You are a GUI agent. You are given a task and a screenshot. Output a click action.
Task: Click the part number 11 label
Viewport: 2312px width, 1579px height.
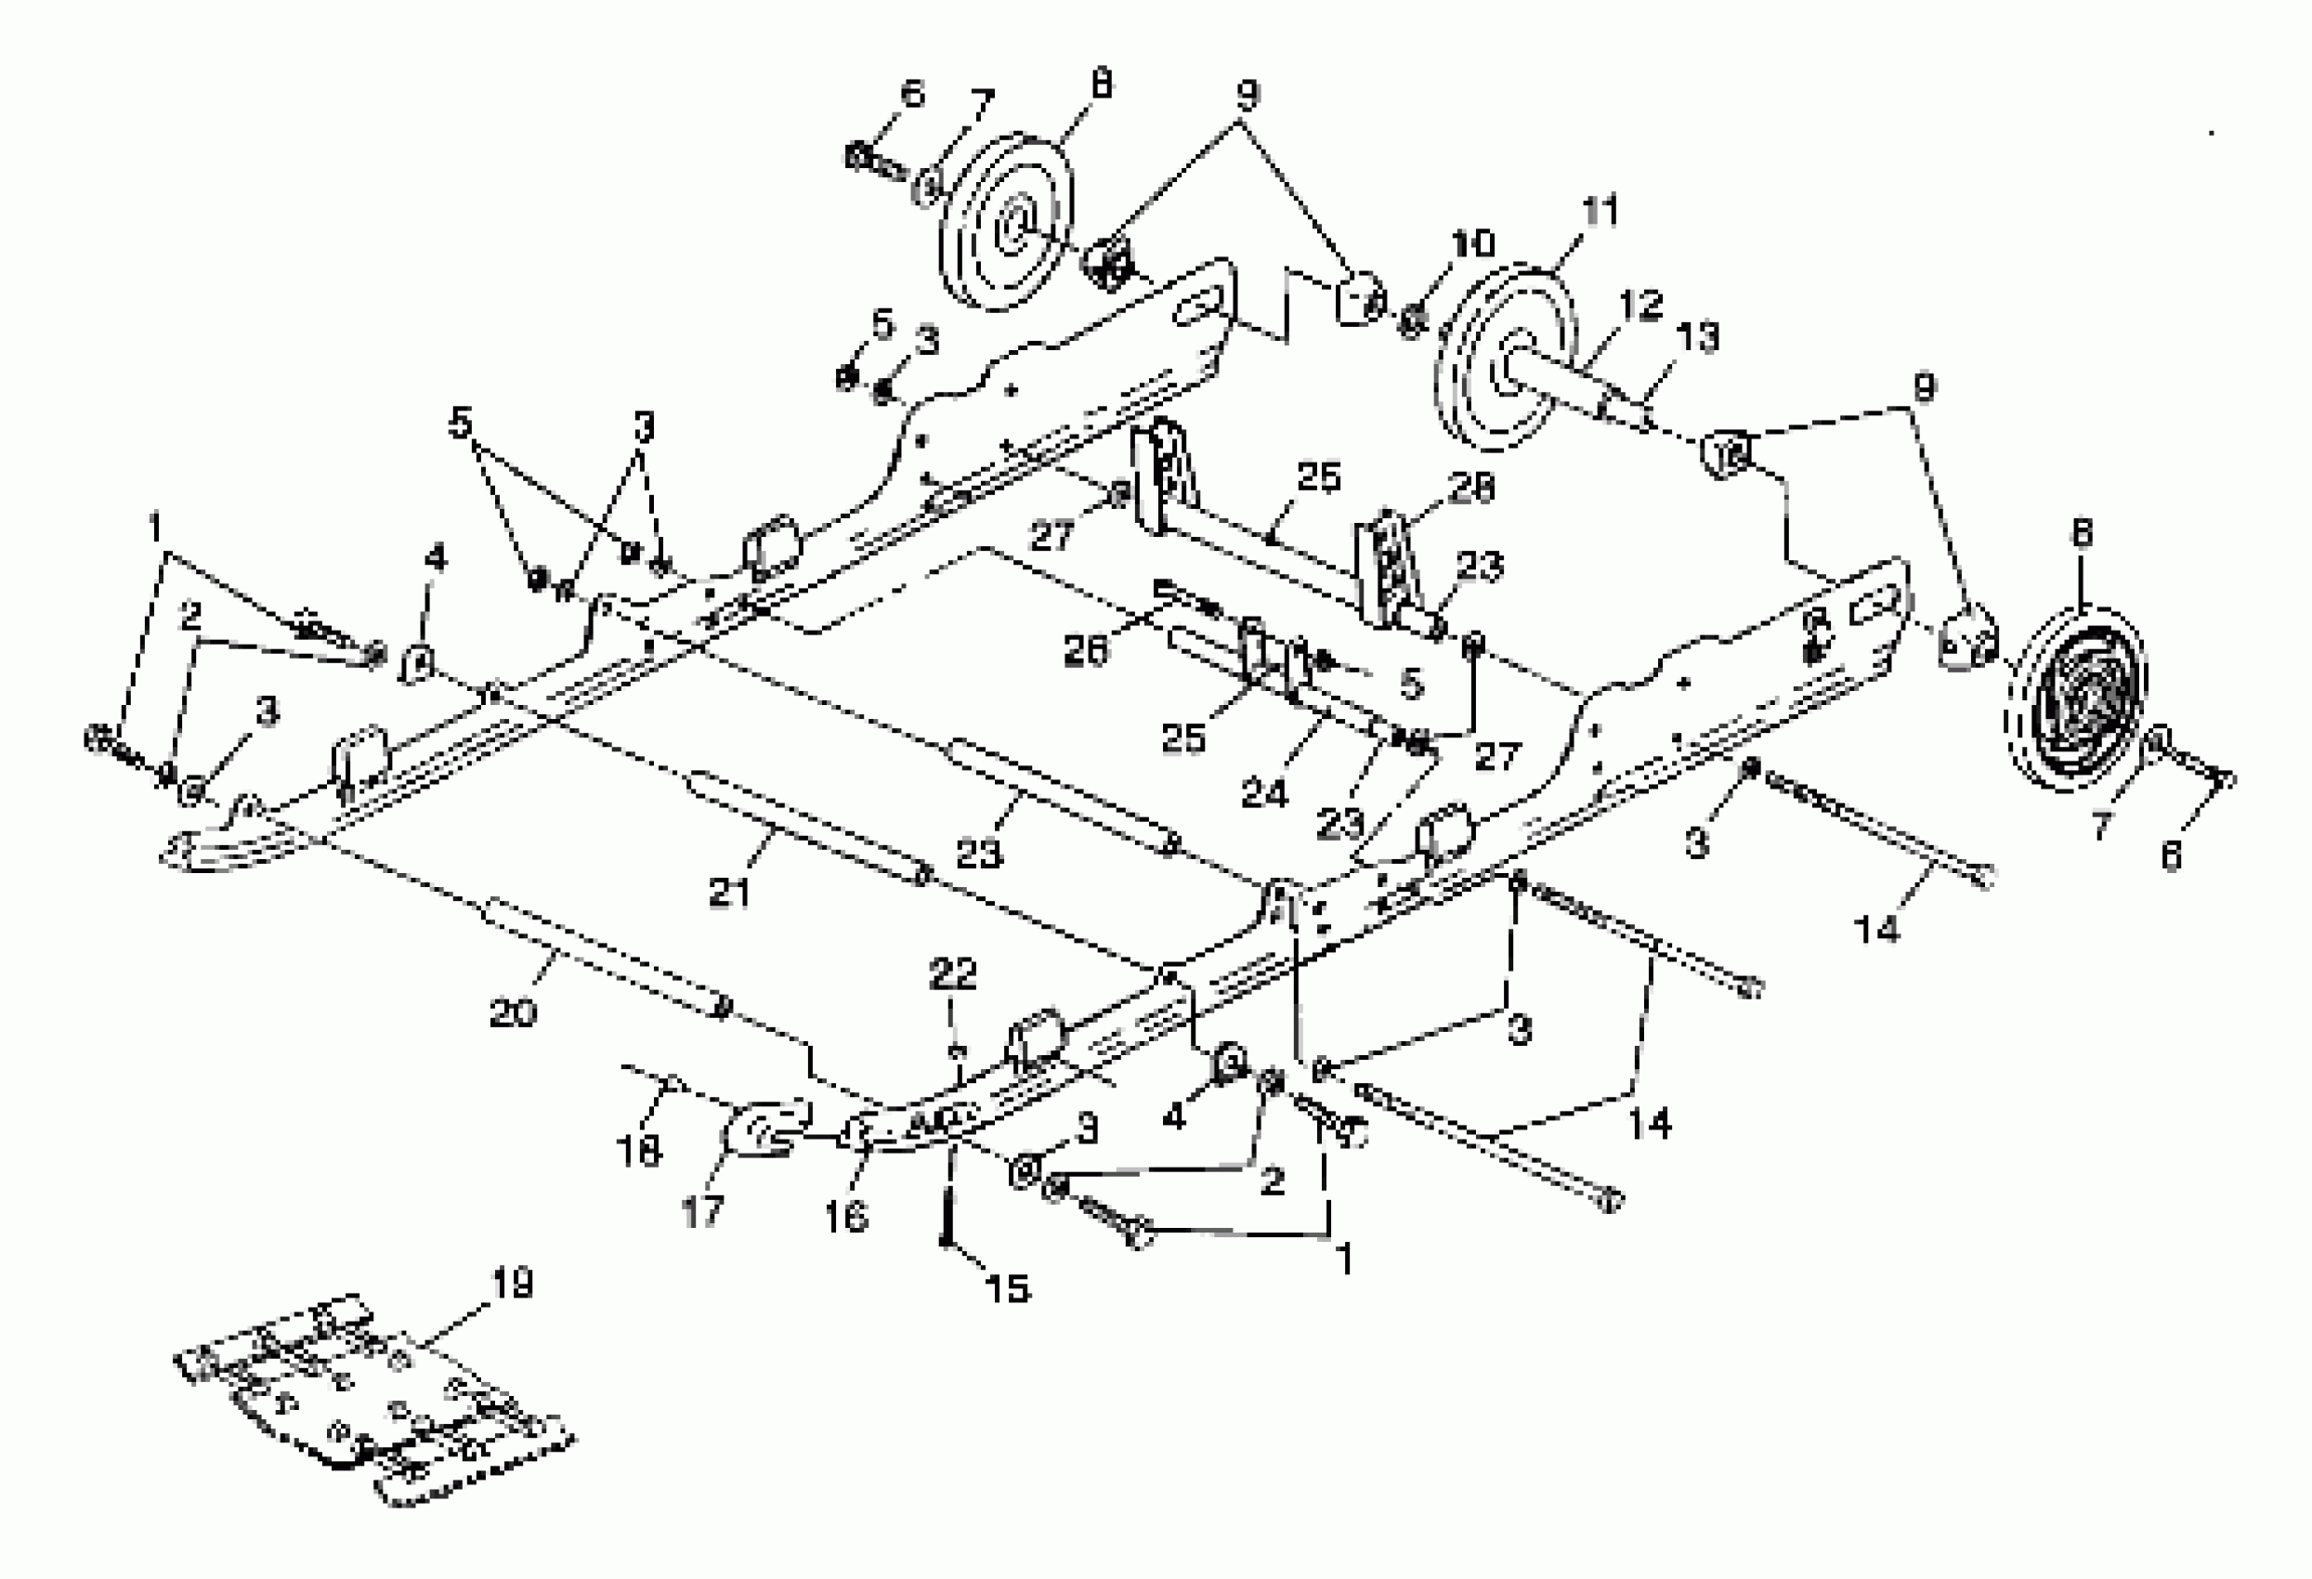click(1599, 212)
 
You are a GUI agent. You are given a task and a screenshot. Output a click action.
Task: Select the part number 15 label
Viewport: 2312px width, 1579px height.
click(1007, 1289)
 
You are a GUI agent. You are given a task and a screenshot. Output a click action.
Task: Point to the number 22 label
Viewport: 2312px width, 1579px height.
click(953, 973)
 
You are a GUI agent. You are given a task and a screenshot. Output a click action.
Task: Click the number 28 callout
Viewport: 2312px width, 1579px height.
click(1471, 488)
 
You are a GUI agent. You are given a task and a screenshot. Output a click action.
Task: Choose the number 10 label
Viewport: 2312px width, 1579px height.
click(1472, 243)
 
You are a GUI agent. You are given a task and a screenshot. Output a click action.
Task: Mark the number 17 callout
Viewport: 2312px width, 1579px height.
click(702, 1212)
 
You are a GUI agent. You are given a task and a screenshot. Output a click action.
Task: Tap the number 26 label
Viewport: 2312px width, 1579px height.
click(1084, 652)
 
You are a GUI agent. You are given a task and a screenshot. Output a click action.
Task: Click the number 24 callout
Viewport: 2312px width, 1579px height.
click(1264, 793)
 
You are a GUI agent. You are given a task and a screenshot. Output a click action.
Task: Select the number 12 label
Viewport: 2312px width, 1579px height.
click(1640, 305)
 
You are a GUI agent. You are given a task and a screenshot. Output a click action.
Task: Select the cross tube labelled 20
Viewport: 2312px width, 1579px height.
click(607, 955)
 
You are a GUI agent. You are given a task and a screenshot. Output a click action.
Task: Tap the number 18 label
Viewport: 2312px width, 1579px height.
click(639, 1151)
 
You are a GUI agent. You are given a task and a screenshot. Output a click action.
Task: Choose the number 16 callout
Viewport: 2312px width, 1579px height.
click(846, 1216)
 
